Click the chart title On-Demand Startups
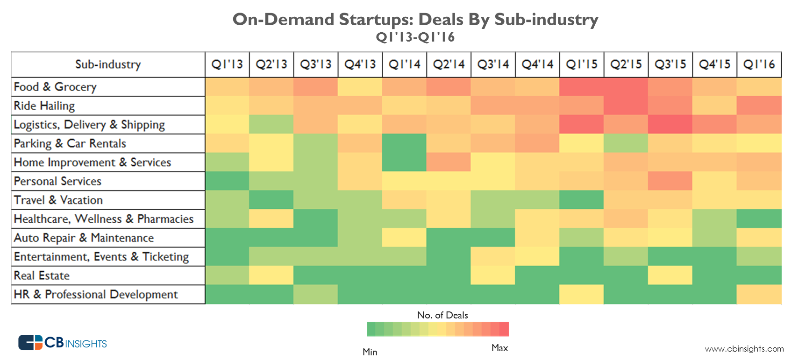pyautogui.click(x=415, y=20)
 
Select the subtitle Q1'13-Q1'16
pyautogui.click(x=415, y=37)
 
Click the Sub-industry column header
pyautogui.click(x=108, y=64)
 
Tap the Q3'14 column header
pyautogui.click(x=493, y=64)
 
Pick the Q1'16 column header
pyautogui.click(x=759, y=64)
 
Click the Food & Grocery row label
pyautogui.click(x=55, y=87)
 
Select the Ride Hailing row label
pyautogui.click(x=44, y=106)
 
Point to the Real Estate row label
pyautogui.click(x=42, y=275)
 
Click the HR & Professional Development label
pyautogui.click(x=96, y=295)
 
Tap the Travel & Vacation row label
pyautogui.click(x=58, y=200)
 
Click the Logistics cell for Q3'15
pyautogui.click(x=670, y=125)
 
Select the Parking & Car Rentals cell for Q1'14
pyautogui.click(x=404, y=143)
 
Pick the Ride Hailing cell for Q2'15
pyautogui.click(x=626, y=106)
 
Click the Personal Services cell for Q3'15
pyautogui.click(x=670, y=181)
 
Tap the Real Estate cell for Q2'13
pyautogui.click(x=271, y=275)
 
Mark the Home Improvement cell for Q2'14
pyautogui.click(x=449, y=162)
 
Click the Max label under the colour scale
pyautogui.click(x=499, y=348)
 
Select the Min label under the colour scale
pyautogui.click(x=370, y=352)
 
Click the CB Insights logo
pyautogui.click(x=63, y=343)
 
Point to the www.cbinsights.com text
pyautogui.click(x=744, y=349)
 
